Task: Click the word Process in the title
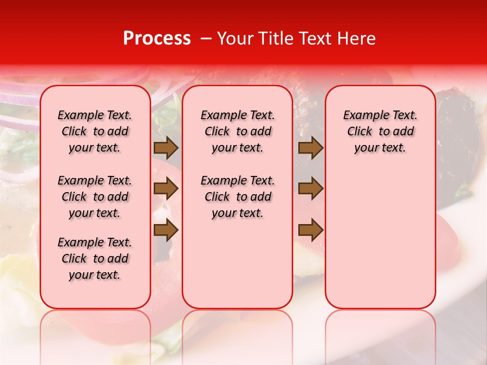pos(156,39)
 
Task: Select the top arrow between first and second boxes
pos(166,148)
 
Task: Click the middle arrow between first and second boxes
pos(166,189)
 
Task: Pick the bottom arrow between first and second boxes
pos(166,230)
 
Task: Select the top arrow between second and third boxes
pos(310,148)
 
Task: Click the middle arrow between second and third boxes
pos(310,189)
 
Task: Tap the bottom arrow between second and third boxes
pos(310,230)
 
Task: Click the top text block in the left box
pos(95,131)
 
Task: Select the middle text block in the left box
pos(95,197)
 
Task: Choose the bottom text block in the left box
pos(95,259)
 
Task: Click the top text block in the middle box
pos(237,131)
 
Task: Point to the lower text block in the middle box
pos(237,197)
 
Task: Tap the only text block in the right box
pos(380,131)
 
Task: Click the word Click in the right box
pos(360,131)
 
